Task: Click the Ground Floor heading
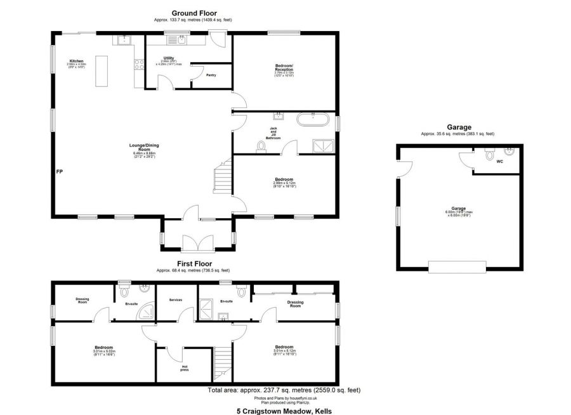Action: [194, 13]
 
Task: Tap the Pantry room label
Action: [211, 75]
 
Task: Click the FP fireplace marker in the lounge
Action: [59, 171]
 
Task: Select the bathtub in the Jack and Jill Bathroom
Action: [313, 118]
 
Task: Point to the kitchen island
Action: [101, 71]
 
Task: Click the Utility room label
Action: [168, 58]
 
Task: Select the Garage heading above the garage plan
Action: [458, 127]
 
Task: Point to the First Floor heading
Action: [194, 263]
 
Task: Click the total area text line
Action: [284, 390]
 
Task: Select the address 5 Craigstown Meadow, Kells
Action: [284, 411]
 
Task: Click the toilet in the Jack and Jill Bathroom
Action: [261, 147]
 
